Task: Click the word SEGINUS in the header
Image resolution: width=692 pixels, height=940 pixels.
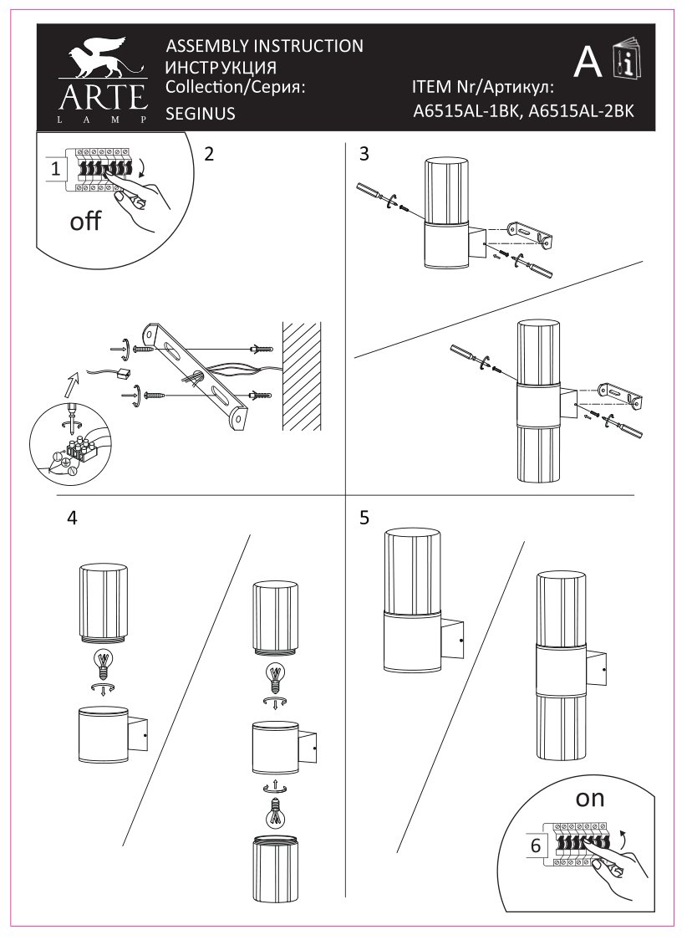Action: (x=201, y=114)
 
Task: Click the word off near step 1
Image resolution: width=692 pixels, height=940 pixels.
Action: (x=85, y=222)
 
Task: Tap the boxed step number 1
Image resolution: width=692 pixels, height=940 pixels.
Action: (x=55, y=169)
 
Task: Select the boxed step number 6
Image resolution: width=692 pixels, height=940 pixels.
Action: (x=536, y=845)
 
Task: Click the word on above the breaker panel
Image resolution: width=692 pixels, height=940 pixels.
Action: (x=590, y=798)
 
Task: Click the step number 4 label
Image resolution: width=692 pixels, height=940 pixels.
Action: (x=72, y=518)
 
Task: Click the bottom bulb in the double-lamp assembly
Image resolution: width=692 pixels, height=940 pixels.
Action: (x=278, y=812)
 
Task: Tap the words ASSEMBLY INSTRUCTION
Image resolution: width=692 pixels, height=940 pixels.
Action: (x=265, y=46)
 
